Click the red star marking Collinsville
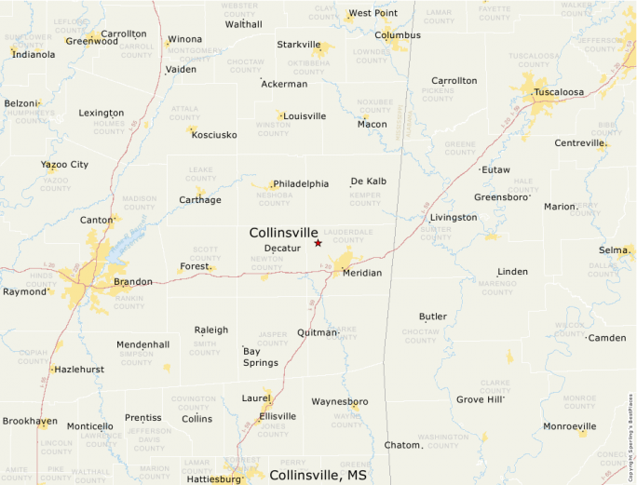[x=318, y=243]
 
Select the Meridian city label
[x=361, y=273]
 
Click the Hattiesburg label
[x=214, y=479]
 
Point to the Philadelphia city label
[x=301, y=183]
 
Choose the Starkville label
[x=298, y=44]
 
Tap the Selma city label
[x=613, y=250]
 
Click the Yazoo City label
[x=64, y=165]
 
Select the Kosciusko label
[x=214, y=135]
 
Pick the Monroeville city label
[x=570, y=427]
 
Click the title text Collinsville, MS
[x=318, y=475]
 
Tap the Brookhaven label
[x=30, y=421]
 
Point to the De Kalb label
[x=368, y=181]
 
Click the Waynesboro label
[x=340, y=402]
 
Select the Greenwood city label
[x=91, y=41]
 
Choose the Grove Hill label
[x=480, y=399]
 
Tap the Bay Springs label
[x=260, y=357]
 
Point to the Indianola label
[x=34, y=54]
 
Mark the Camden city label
[x=607, y=337]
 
